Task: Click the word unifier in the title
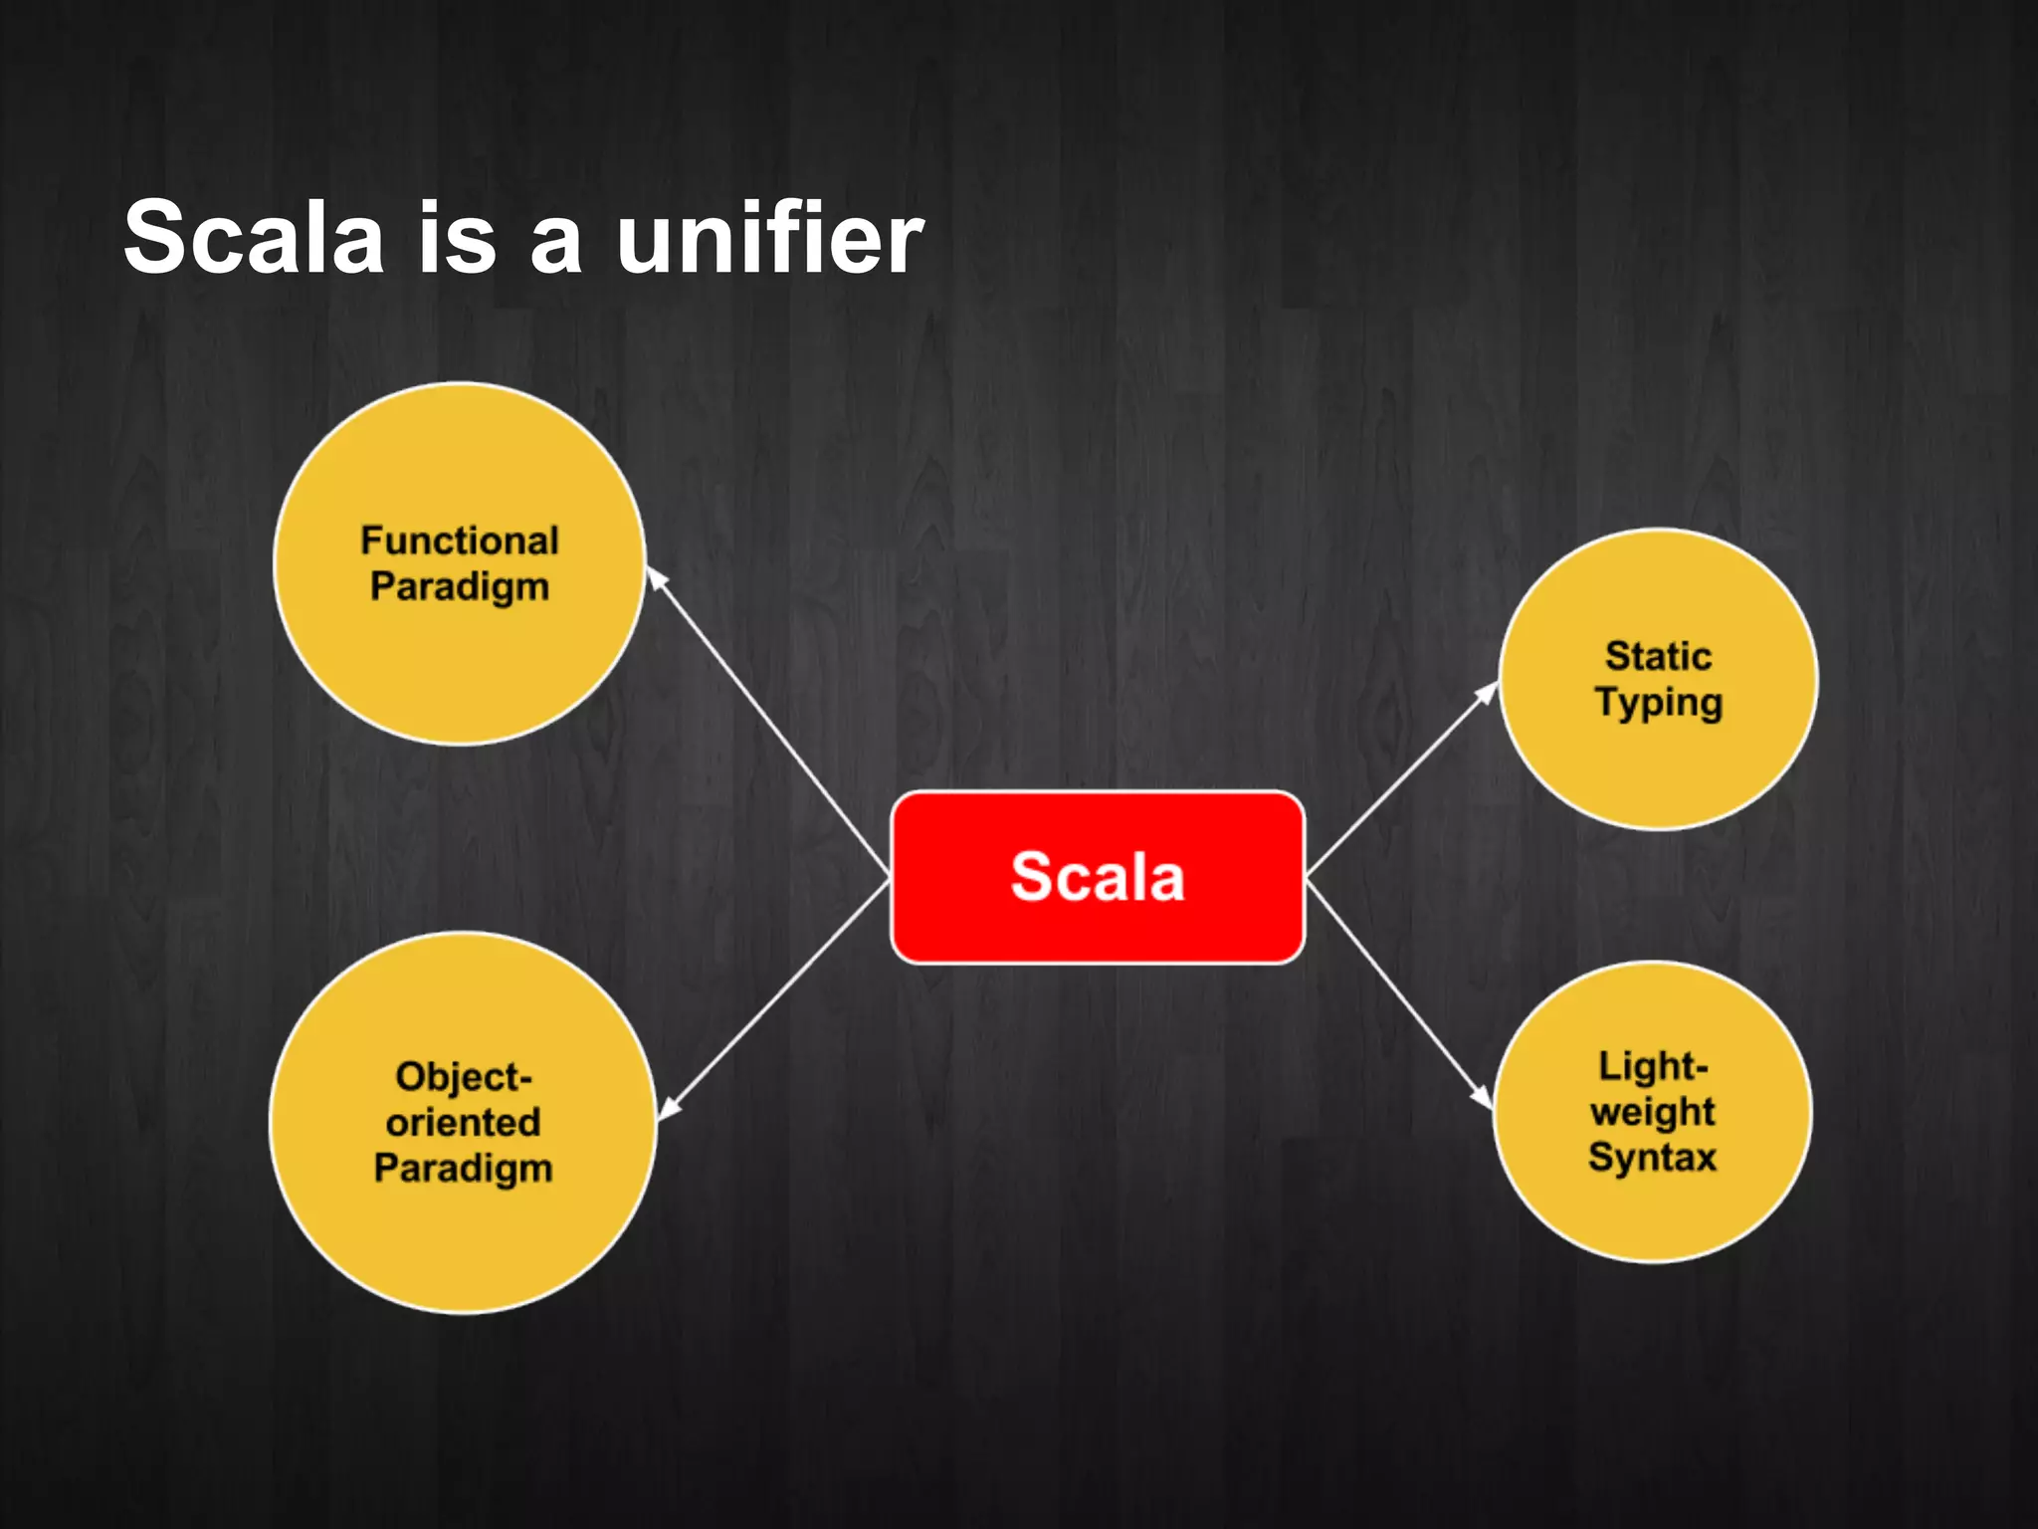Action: point(770,239)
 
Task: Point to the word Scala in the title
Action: point(254,239)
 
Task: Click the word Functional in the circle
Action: point(460,541)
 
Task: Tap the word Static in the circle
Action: point(1658,656)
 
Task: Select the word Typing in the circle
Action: point(1658,703)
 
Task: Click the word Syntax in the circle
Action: point(1652,1157)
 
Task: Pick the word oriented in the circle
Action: point(463,1122)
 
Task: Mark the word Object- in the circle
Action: point(464,1076)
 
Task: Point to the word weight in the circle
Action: point(1652,1112)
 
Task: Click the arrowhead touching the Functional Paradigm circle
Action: point(657,578)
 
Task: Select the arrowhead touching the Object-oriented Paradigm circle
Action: point(669,1108)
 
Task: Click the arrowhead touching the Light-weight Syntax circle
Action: point(1483,1097)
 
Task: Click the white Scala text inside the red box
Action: point(1097,877)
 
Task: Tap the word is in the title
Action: point(457,239)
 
